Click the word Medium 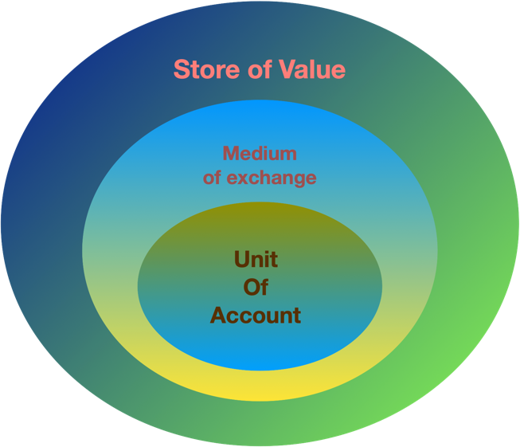click(260, 153)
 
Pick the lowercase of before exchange click(213, 177)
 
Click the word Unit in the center click(256, 259)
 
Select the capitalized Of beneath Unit click(256, 287)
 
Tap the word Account click(256, 316)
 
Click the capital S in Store click(182, 69)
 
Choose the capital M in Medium click(231, 153)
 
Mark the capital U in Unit click(241, 259)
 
